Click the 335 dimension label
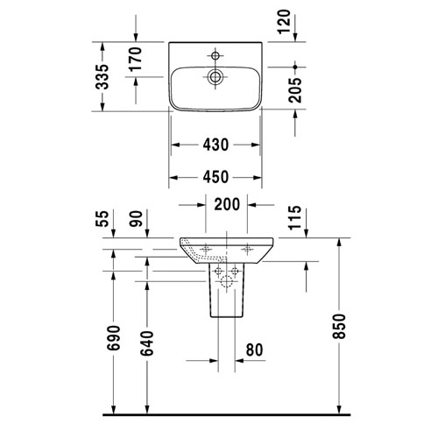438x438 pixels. [x=102, y=76]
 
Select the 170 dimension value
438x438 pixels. [x=136, y=59]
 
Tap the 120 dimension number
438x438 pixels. [x=285, y=22]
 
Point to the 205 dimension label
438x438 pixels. [x=295, y=90]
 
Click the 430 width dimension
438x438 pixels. [x=215, y=145]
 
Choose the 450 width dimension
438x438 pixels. [x=215, y=177]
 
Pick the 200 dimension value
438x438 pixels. [x=227, y=204]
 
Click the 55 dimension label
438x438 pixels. [x=102, y=219]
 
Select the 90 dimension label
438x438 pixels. [x=136, y=219]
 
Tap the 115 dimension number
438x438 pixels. [x=295, y=217]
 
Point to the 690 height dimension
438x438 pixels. [x=114, y=338]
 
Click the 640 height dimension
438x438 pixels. [x=147, y=343]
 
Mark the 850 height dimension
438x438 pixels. [x=339, y=326]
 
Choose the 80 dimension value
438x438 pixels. [x=254, y=350]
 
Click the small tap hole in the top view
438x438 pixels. [x=215, y=55]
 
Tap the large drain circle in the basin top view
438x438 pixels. [x=215, y=77]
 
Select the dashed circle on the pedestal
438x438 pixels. [x=227, y=281]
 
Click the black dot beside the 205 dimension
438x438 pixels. [x=295, y=67]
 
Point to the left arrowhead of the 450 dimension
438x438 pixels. [x=173, y=178]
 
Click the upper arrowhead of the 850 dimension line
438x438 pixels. [x=339, y=243]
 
